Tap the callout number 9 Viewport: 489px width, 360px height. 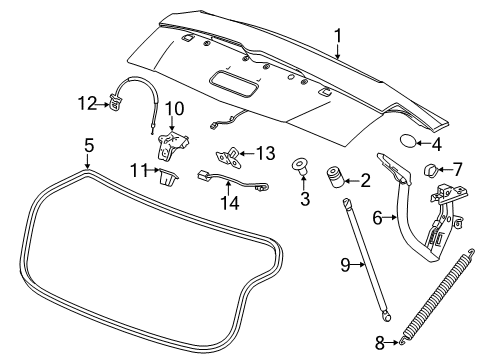tap(344, 266)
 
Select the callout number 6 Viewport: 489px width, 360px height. tap(376, 216)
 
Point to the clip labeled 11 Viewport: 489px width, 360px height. tap(167, 179)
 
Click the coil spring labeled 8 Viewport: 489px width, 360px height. tap(436, 299)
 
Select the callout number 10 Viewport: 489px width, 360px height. tap(174, 107)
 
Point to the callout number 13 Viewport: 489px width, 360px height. tap(264, 152)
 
